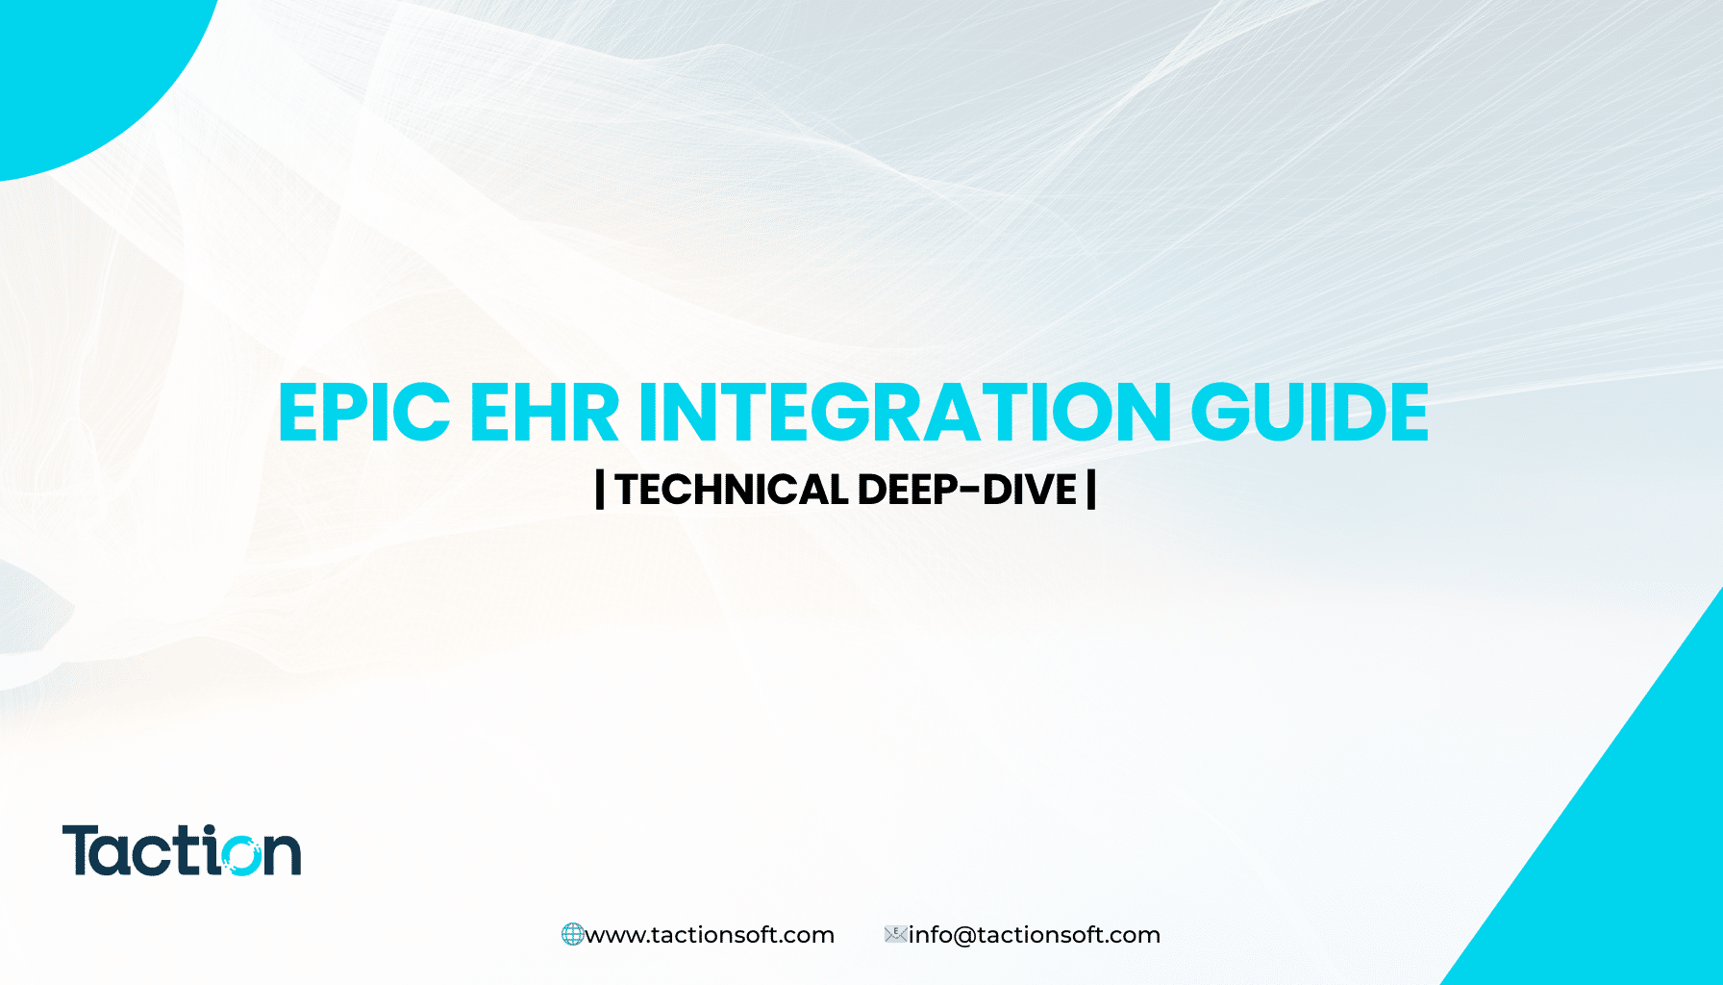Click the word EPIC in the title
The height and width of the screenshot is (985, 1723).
point(363,412)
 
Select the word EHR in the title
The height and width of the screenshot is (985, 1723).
point(544,412)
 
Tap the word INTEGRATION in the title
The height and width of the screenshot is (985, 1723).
point(905,412)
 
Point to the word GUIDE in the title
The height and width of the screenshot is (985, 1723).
point(1310,412)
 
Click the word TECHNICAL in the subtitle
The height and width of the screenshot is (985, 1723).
point(731,490)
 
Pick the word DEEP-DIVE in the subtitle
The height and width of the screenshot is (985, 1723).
point(966,490)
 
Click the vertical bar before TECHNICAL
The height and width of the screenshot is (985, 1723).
point(600,490)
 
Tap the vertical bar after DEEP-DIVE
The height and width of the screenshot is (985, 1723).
point(1091,490)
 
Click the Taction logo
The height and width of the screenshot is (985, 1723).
point(182,850)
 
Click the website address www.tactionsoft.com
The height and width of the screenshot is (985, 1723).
point(710,935)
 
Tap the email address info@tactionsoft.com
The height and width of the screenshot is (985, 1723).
point(1035,935)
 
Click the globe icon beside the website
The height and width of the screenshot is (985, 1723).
point(572,934)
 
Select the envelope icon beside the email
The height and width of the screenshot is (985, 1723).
point(896,933)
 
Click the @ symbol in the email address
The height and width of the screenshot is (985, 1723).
point(963,936)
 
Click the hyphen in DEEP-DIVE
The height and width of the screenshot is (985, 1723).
point(969,492)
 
